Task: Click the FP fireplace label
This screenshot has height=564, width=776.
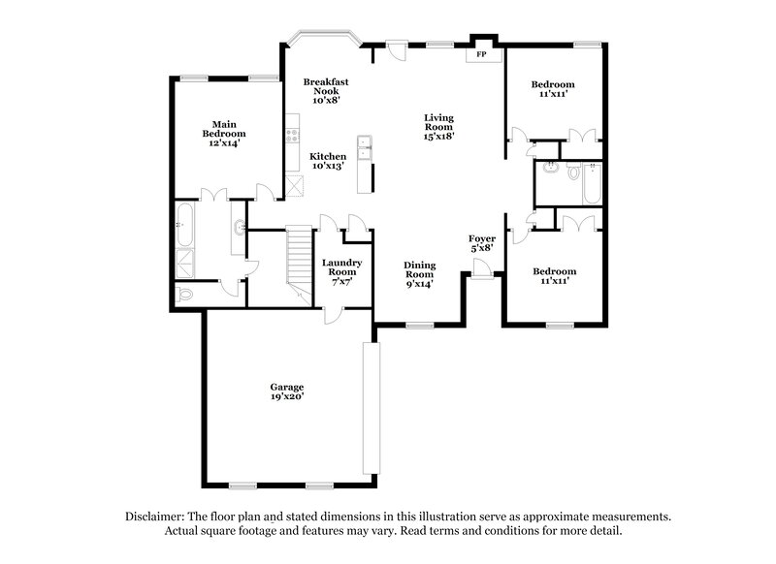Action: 482,55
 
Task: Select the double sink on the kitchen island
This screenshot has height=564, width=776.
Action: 366,149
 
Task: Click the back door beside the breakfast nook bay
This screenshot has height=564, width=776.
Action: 396,49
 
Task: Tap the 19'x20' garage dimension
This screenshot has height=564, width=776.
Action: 287,396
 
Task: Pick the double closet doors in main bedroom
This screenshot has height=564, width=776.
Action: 215,196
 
